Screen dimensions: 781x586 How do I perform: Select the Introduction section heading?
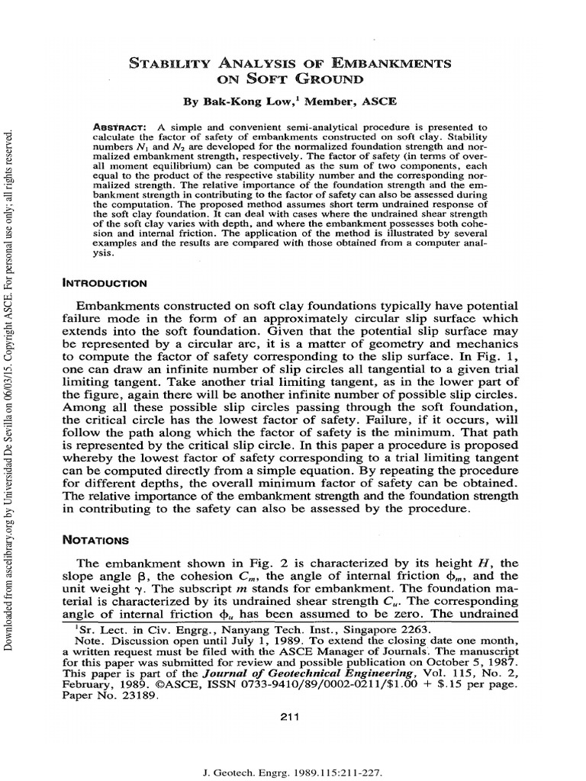point(105,283)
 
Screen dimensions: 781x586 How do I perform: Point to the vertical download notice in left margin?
point(10,389)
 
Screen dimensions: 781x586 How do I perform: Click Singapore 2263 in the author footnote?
point(398,629)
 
